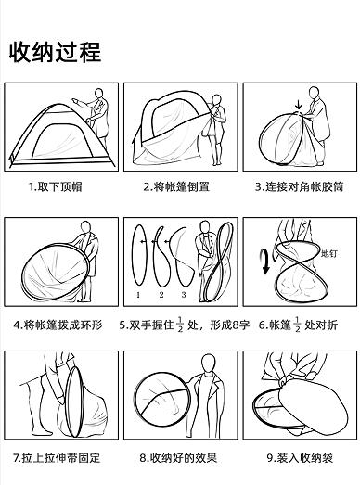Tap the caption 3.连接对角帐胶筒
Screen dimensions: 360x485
(300, 186)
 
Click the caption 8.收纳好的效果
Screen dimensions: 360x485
(180, 457)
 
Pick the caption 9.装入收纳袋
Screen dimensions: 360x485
(300, 457)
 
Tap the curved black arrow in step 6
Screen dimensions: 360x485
(264, 262)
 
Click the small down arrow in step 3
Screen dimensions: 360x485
(297, 105)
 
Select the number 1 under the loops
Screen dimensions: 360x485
(137, 294)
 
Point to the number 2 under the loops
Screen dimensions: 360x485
(160, 294)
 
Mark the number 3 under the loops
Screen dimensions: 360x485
(183, 294)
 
